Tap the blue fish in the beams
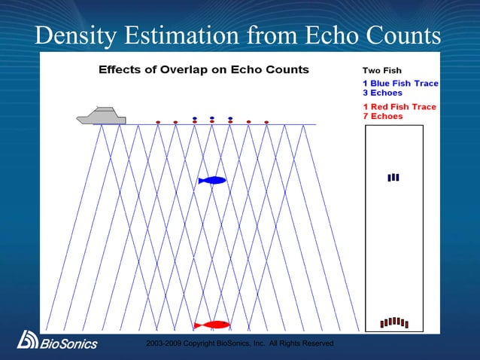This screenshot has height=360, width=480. coord(212,180)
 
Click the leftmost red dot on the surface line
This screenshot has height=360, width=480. coord(158,122)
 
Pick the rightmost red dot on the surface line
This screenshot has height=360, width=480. coord(266,122)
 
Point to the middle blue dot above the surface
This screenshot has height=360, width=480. coord(212,118)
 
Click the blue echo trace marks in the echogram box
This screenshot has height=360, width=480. coord(393,178)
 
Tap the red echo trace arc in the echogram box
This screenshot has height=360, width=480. coord(393,322)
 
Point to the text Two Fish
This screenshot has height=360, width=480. coord(382,71)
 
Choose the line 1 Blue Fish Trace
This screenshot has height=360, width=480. coord(400,83)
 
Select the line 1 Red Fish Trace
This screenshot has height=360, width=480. coord(399,107)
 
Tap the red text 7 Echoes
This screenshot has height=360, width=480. coord(383,117)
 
